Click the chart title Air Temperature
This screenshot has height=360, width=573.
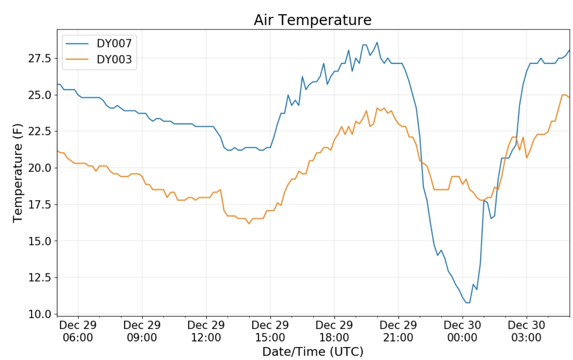(313, 20)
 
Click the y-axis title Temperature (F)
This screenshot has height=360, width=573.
(18, 173)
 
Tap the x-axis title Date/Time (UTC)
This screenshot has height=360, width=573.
(313, 352)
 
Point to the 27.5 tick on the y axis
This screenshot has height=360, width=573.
(40, 59)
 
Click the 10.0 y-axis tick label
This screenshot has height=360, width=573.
(40, 314)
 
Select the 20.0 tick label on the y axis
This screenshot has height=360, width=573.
(40, 168)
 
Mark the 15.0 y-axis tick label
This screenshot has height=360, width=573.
(40, 241)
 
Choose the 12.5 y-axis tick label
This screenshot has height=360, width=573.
(40, 278)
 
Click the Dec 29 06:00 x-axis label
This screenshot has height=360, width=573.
(78, 331)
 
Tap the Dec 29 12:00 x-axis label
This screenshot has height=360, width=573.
(206, 331)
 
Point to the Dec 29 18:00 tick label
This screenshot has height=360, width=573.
(334, 331)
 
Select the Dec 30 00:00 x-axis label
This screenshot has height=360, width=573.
(462, 331)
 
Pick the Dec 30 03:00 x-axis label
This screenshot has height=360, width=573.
(526, 331)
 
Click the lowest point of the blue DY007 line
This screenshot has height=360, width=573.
(468, 303)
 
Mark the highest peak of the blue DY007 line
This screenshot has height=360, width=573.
(377, 42)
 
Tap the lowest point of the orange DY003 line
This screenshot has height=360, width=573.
(249, 224)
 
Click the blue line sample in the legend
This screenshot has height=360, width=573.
(77, 43)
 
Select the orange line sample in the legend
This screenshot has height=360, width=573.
(77, 59)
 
